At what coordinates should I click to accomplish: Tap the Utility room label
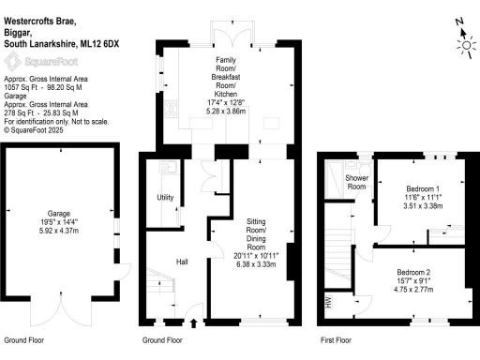pos(165,198)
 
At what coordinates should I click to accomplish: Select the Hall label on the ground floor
pos(184,262)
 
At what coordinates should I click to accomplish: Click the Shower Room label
pos(357,182)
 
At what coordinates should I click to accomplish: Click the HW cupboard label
pos(328,302)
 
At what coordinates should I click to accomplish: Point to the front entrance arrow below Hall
pos(194,325)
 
